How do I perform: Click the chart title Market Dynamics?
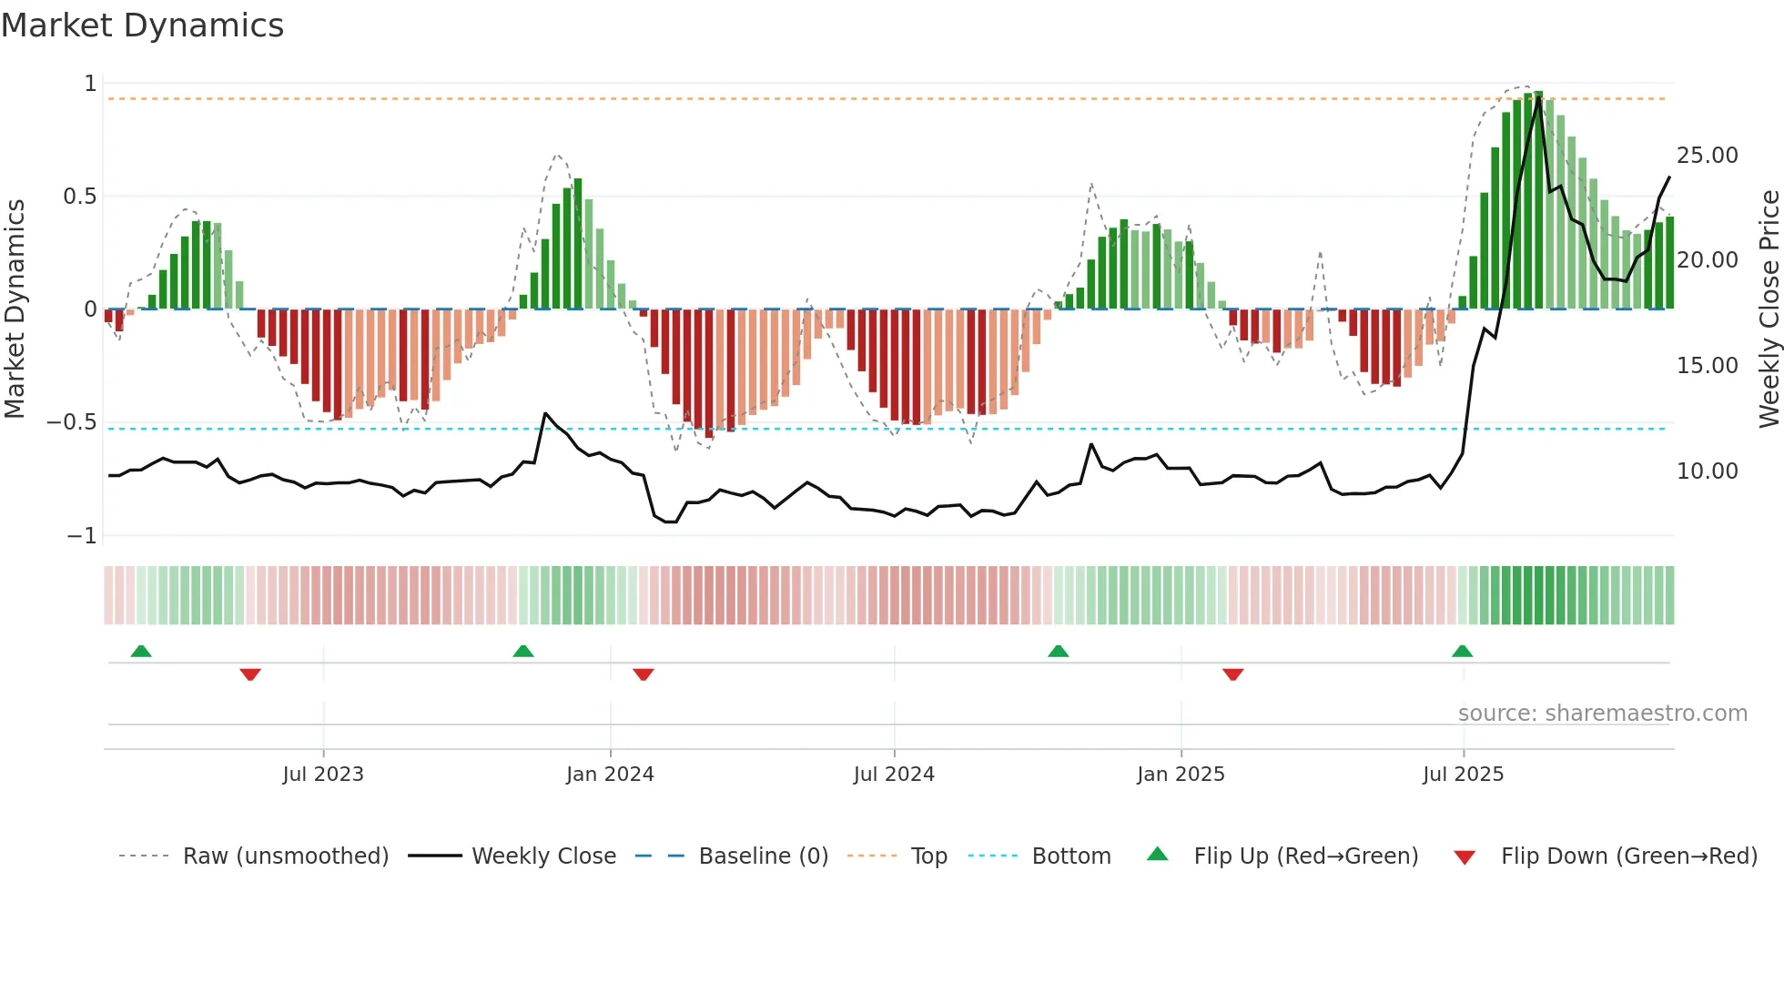[x=142, y=25]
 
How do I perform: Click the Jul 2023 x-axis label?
[x=323, y=775]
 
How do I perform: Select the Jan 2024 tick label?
[x=610, y=775]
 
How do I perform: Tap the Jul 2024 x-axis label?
[x=894, y=775]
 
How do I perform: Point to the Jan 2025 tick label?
[x=1181, y=775]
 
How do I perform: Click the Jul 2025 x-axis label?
[x=1463, y=775]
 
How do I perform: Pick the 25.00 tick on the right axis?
[x=1707, y=156]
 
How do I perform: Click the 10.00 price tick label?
[x=1707, y=471]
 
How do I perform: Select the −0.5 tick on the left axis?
[x=71, y=422]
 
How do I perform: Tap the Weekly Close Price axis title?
[x=1769, y=309]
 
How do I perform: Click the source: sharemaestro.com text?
[x=1602, y=714]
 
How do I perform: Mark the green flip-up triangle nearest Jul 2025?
[x=1462, y=651]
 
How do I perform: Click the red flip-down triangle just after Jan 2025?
[x=1233, y=674]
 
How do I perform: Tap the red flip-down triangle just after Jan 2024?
[x=644, y=674]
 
